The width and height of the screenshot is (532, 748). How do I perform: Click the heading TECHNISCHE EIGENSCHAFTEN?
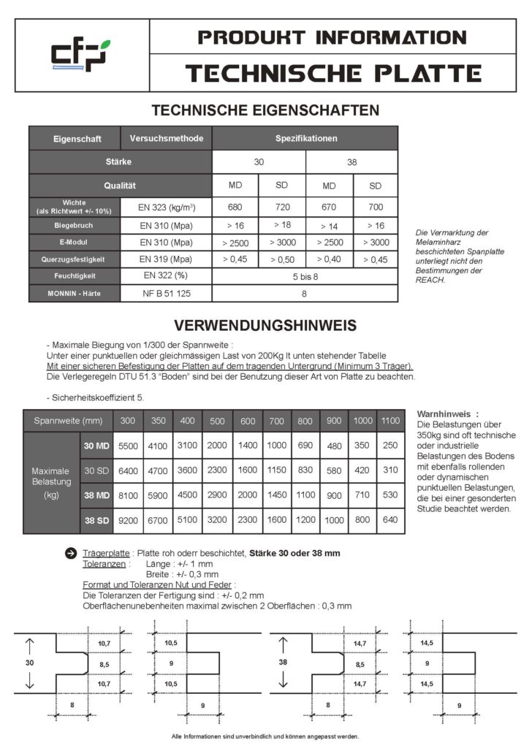[x=265, y=110]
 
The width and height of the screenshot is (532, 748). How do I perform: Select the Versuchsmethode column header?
[x=166, y=138]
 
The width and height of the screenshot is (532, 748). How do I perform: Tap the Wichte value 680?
[x=235, y=207]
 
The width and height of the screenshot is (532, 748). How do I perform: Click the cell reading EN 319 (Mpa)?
[x=166, y=259]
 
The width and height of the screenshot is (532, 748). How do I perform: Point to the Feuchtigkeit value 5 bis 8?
[x=305, y=276]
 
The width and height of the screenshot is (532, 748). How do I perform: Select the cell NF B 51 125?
[x=166, y=294]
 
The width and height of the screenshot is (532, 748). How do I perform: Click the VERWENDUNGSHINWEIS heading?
[x=265, y=324]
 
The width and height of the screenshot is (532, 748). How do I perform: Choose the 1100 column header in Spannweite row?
[x=389, y=421]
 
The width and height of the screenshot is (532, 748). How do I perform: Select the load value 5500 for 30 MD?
[x=127, y=445]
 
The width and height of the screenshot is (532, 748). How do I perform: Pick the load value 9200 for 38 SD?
[x=127, y=521]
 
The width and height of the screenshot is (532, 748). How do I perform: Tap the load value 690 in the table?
[x=305, y=445]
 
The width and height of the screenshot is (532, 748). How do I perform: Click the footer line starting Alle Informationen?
[x=265, y=736]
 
